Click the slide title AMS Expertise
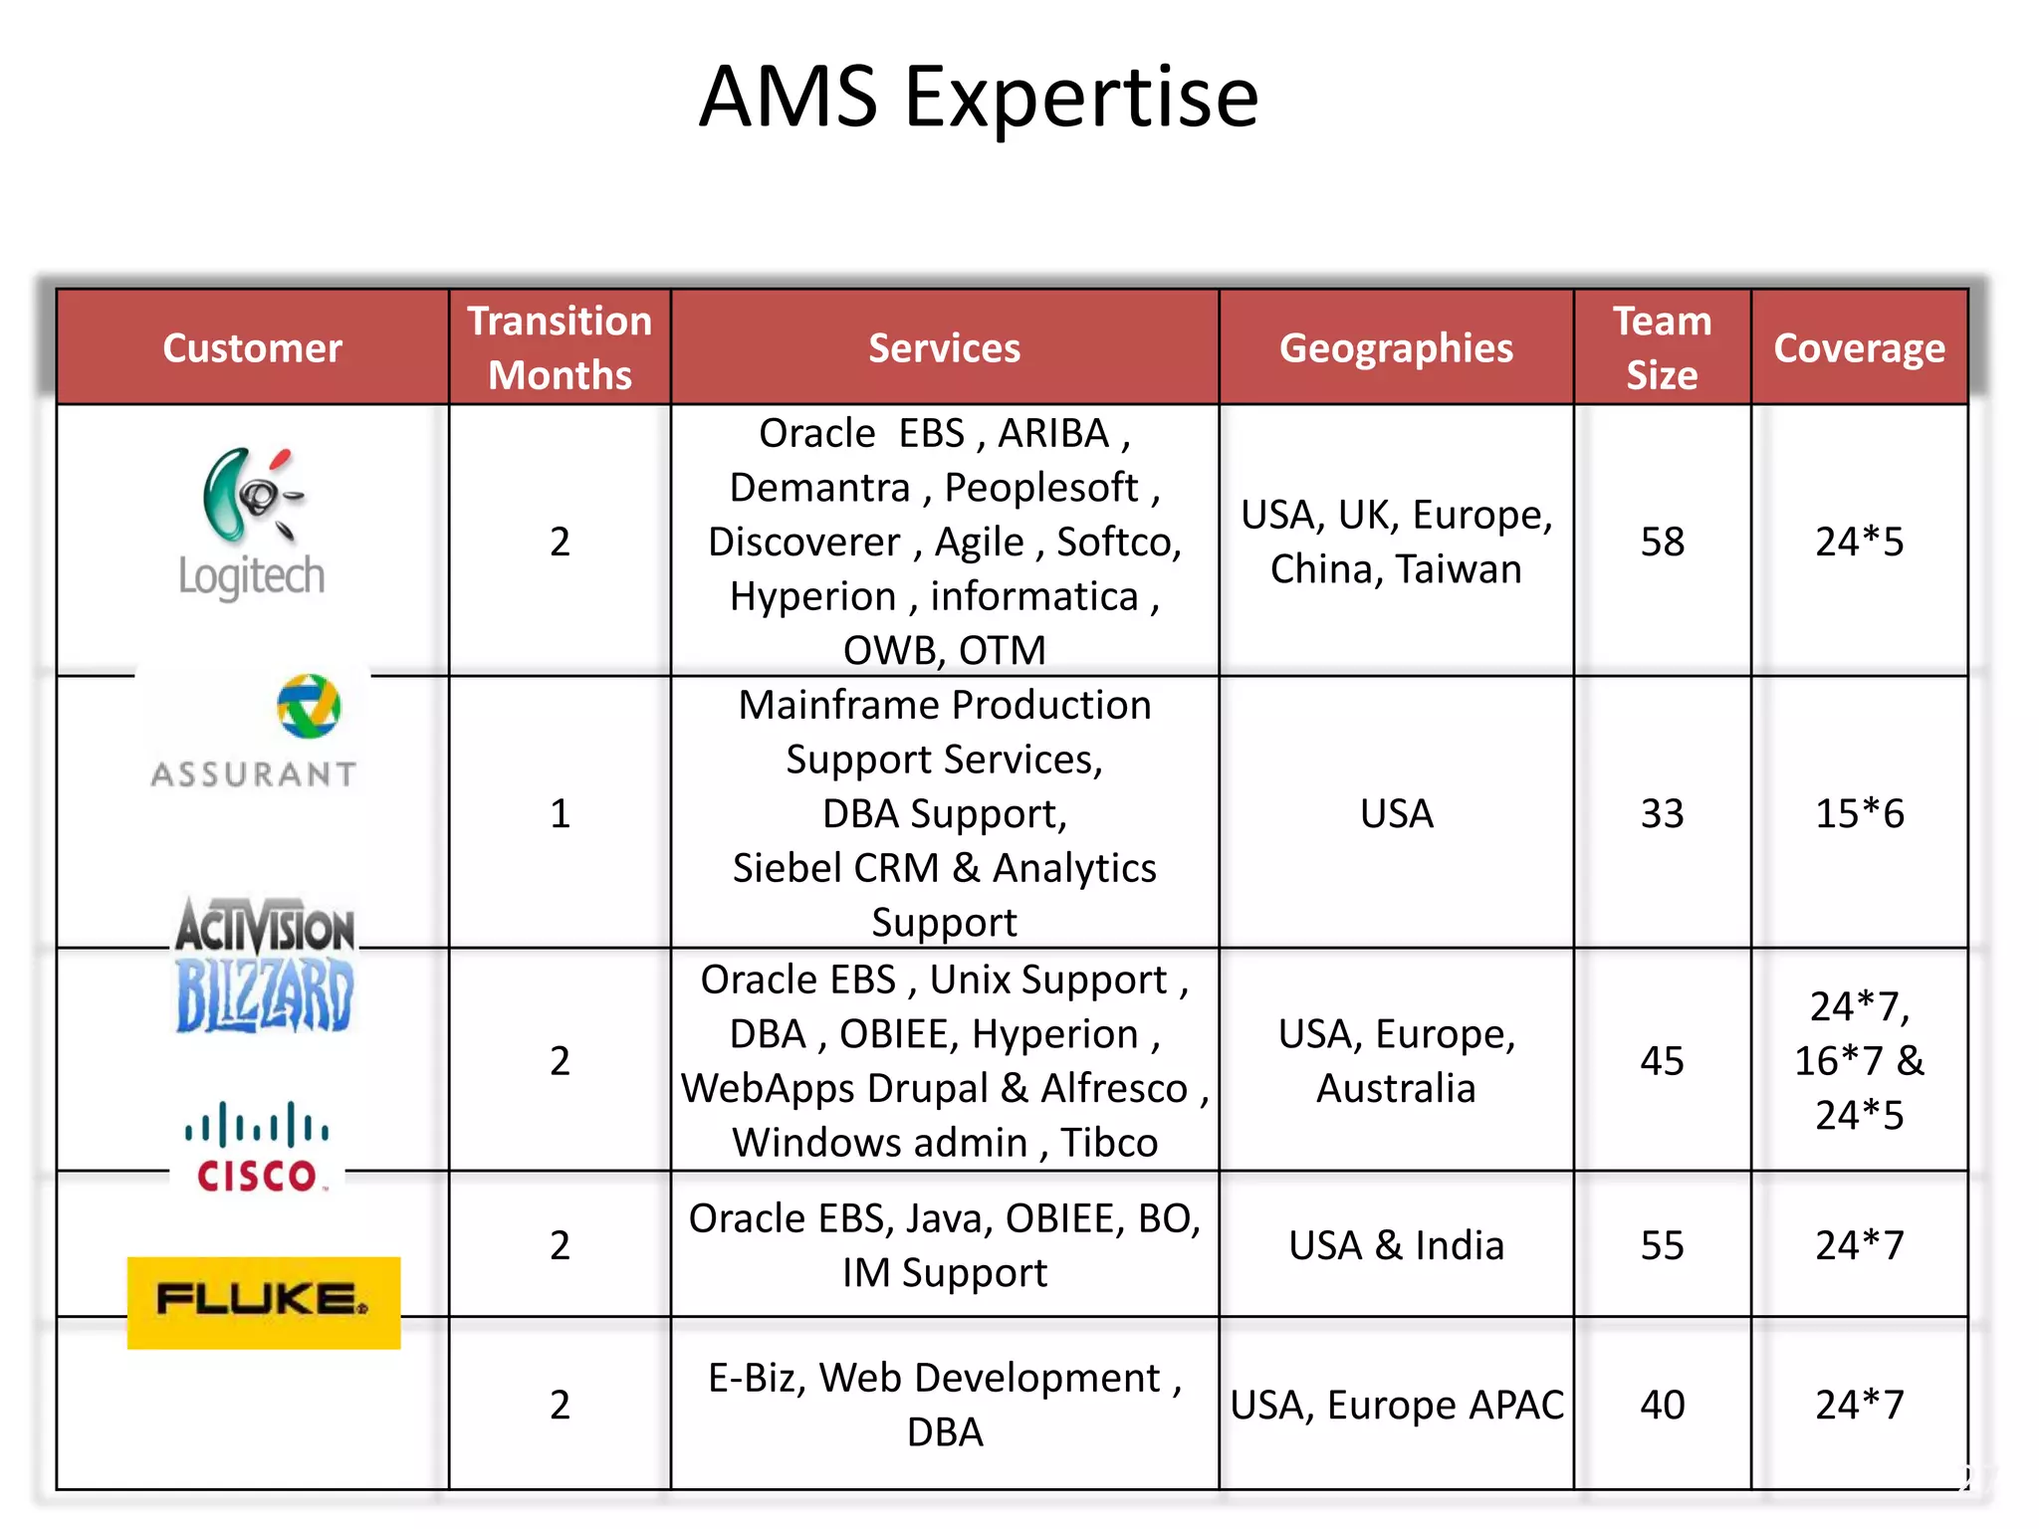pyautogui.click(x=979, y=97)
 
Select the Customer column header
pyautogui.click(x=252, y=348)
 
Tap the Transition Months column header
pyautogui.click(x=560, y=347)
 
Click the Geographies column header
pyautogui.click(x=1396, y=348)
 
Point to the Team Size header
pyautogui.click(x=1662, y=347)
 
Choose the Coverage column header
pyautogui.click(x=1859, y=348)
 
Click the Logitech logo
pyautogui.click(x=252, y=523)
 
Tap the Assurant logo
pyautogui.click(x=255, y=733)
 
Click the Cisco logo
pyautogui.click(x=257, y=1147)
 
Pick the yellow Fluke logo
pyautogui.click(x=264, y=1302)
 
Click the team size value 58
pyautogui.click(x=1662, y=542)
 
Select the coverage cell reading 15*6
pyautogui.click(x=1859, y=813)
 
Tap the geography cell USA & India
pyautogui.click(x=1396, y=1245)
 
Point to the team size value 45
pyautogui.click(x=1662, y=1061)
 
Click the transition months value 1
pyautogui.click(x=560, y=813)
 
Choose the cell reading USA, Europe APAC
pyautogui.click(x=1396, y=1405)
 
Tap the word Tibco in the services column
pyautogui.click(x=1108, y=1143)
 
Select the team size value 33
pyautogui.click(x=1662, y=813)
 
